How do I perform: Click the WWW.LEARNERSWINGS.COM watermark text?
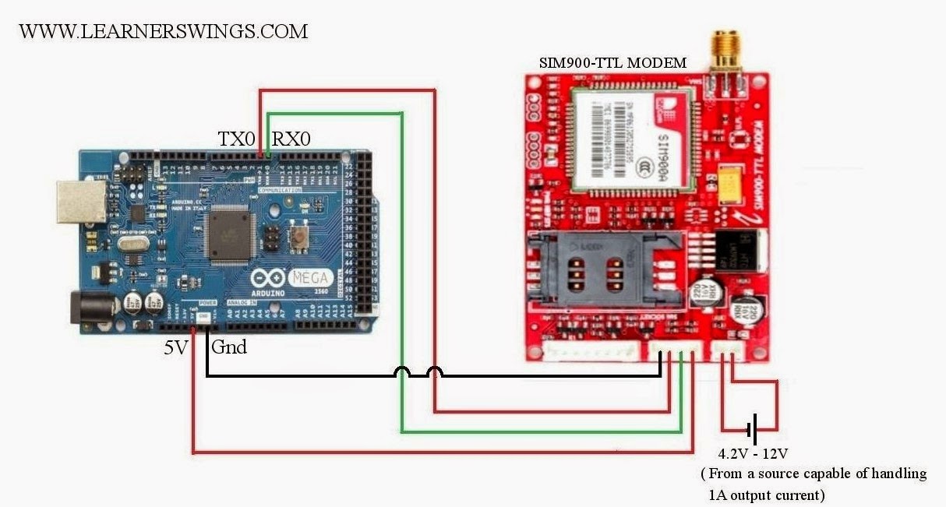pyautogui.click(x=163, y=32)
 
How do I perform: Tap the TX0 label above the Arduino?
pyautogui.click(x=236, y=140)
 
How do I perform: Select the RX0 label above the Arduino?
pyautogui.click(x=291, y=140)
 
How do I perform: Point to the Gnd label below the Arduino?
pyautogui.click(x=229, y=347)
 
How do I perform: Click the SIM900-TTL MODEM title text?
pyautogui.click(x=613, y=63)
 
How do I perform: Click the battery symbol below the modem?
pyautogui.click(x=751, y=428)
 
